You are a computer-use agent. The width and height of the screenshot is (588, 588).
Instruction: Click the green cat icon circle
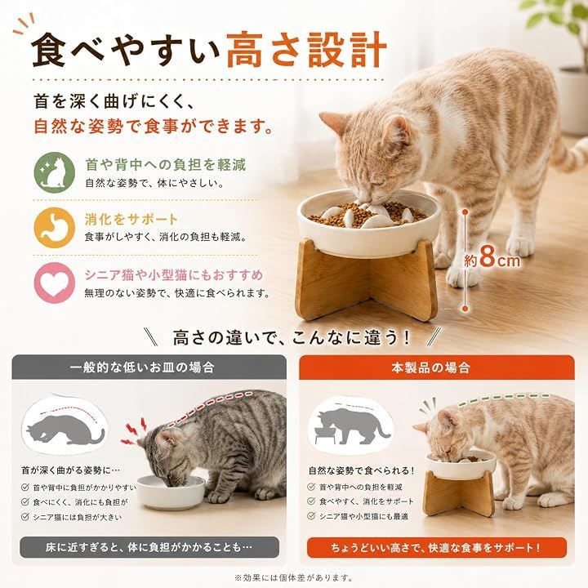(55, 172)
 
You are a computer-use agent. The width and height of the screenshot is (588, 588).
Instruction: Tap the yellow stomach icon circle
(55, 228)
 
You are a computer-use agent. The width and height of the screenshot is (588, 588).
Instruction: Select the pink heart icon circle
(55, 283)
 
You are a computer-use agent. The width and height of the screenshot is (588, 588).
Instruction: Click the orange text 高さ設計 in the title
(306, 51)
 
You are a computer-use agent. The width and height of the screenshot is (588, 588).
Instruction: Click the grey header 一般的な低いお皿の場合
(142, 367)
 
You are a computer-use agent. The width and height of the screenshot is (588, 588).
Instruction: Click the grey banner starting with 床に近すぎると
(149, 547)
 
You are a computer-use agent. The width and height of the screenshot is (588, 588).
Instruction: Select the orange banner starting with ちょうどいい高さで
(436, 547)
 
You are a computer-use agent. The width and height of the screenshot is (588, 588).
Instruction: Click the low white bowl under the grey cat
(171, 492)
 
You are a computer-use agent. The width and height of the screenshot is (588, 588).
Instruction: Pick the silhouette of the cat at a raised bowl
(350, 426)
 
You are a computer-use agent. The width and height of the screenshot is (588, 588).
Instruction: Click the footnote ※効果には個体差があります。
(293, 577)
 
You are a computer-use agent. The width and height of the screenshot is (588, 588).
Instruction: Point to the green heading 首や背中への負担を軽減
(165, 165)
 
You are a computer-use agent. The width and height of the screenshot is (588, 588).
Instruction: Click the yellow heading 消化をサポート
(131, 220)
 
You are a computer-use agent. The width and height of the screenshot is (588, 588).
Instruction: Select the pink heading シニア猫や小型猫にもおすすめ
(174, 275)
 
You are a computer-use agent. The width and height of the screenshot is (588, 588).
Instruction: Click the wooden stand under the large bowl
(366, 279)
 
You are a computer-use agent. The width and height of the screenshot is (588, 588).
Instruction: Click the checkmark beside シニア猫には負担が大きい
(25, 517)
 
